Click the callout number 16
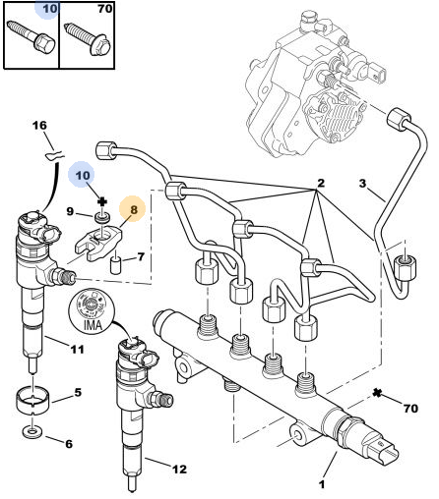pyautogui.click(x=39, y=126)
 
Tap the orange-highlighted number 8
pyautogui.click(x=134, y=209)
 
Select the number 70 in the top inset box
pyautogui.click(x=105, y=9)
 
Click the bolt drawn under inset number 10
pyautogui.click(x=31, y=36)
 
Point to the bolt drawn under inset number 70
pyautogui.click(x=89, y=38)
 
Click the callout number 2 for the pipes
pyautogui.click(x=321, y=183)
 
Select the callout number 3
pyautogui.click(x=362, y=183)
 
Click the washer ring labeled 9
pyautogui.click(x=102, y=218)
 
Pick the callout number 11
pyautogui.click(x=78, y=350)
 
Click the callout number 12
pyautogui.click(x=179, y=470)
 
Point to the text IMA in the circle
pyautogui.click(x=94, y=325)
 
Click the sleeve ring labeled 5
pyautogui.click(x=33, y=401)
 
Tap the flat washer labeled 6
pyautogui.click(x=32, y=432)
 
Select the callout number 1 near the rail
pyautogui.click(x=322, y=484)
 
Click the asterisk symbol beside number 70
pyautogui.click(x=377, y=393)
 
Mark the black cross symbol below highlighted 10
pyautogui.click(x=102, y=201)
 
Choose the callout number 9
pyautogui.click(x=70, y=211)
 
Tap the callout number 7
pyautogui.click(x=141, y=256)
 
